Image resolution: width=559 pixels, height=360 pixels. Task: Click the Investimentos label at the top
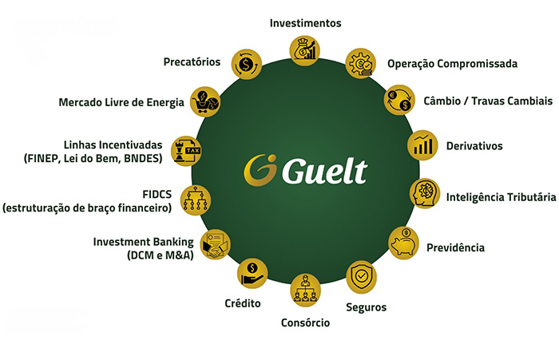click(307, 23)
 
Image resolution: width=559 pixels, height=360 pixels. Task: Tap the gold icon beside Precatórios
click(246, 61)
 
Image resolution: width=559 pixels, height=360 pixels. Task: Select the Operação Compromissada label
click(452, 63)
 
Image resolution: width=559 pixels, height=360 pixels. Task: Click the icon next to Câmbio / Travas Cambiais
click(398, 100)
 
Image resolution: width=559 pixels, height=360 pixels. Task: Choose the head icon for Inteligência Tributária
click(423, 195)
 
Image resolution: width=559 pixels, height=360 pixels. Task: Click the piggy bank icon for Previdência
click(403, 241)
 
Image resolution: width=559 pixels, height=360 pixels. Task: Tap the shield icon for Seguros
click(361, 276)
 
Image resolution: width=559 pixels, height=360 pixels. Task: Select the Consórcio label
click(305, 322)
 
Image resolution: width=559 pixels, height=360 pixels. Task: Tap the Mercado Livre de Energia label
click(121, 102)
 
